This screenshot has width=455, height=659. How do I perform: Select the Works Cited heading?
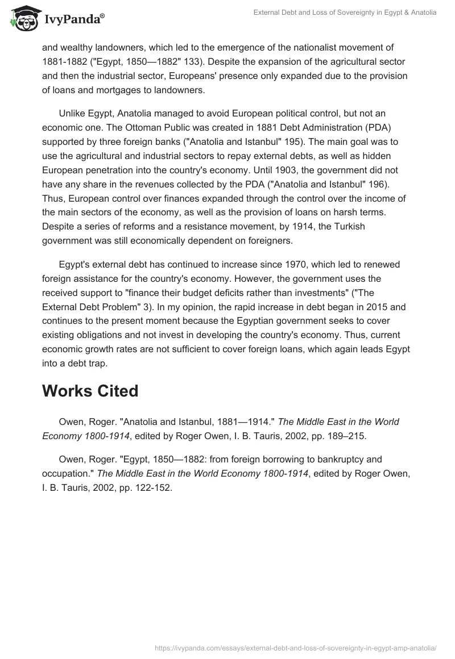[90, 391]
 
